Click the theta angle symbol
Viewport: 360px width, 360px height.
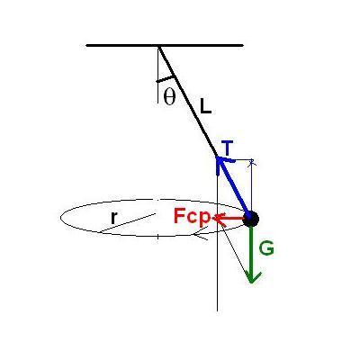pos(169,97)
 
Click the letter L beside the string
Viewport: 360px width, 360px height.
pos(206,106)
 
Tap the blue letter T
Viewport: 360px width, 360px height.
pos(229,148)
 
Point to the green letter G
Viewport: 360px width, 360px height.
pos(266,248)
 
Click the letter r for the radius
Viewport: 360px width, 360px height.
pos(113,218)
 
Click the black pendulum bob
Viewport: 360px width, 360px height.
pos(251,219)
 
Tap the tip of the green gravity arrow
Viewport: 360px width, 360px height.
pos(251,283)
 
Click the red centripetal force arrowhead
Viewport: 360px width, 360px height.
pos(218,218)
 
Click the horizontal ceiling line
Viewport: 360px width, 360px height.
pos(165,46)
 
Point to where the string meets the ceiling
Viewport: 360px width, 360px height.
pos(158,46)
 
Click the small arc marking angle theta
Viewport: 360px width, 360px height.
pos(166,79)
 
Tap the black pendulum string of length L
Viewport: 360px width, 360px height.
pos(188,101)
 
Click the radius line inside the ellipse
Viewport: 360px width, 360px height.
pos(128,222)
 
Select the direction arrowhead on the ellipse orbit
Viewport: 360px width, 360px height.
pos(200,235)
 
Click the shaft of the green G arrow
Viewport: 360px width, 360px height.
pos(251,252)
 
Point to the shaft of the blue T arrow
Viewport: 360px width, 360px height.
pos(234,187)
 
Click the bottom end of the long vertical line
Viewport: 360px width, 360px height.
pos(217,311)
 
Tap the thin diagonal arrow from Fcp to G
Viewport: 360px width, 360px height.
pos(235,249)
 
